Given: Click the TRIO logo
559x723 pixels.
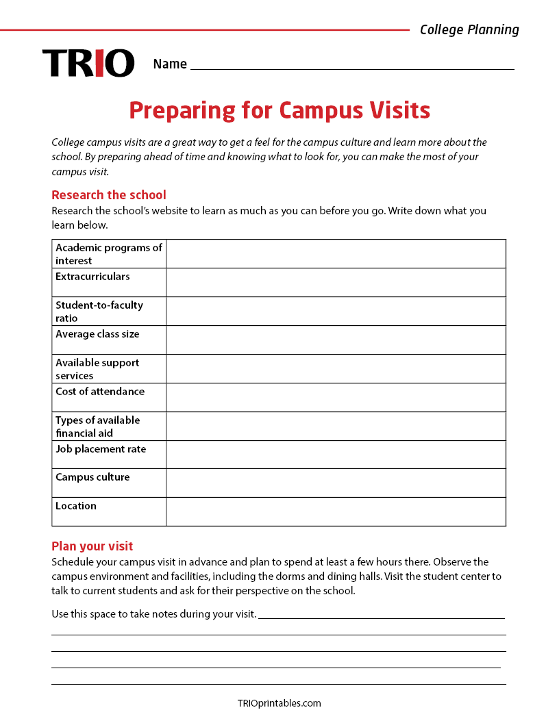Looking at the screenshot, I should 88,63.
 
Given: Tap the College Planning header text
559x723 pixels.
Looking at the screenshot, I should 469,29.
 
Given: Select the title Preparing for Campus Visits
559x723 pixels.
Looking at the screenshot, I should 279,110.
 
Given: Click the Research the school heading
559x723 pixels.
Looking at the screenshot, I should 109,195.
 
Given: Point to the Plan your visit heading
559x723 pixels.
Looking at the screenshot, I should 92,546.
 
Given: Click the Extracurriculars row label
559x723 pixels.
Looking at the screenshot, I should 92,277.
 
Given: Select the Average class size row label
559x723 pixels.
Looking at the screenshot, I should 97,334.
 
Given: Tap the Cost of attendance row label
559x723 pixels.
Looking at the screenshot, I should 100,392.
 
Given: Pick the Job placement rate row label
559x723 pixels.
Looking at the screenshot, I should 101,449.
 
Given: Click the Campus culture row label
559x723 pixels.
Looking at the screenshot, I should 92,477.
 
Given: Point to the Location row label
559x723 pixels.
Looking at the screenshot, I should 76,506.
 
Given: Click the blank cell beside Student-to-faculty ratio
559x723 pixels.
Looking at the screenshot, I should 336,312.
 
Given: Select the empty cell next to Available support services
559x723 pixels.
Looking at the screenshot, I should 336,369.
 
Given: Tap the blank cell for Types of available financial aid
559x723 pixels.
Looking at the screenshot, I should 336,427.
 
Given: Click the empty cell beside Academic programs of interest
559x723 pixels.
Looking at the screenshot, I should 336,254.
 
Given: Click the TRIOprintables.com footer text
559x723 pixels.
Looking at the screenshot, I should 279,703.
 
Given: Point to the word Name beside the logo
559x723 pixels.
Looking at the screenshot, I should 170,64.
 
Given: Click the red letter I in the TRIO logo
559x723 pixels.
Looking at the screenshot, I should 100,63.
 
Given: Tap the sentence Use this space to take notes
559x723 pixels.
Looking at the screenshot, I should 154,614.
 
